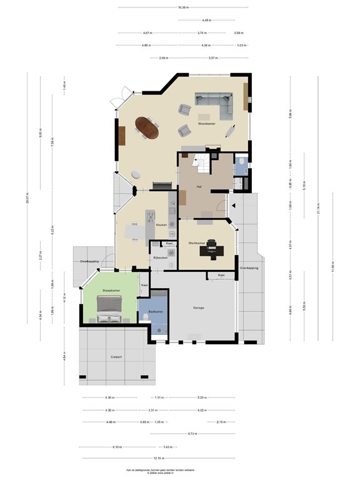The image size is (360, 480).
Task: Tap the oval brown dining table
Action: point(148,127)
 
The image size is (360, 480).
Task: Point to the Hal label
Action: point(199,186)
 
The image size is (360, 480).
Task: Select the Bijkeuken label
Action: point(160,257)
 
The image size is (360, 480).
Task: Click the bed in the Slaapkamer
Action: point(108,307)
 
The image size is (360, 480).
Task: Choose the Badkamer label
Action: point(156,311)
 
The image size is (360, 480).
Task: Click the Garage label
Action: point(199,308)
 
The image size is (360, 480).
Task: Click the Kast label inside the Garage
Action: point(221,275)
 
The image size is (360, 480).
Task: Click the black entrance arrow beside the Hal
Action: point(231,204)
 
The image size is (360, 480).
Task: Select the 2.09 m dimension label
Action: point(163,58)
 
